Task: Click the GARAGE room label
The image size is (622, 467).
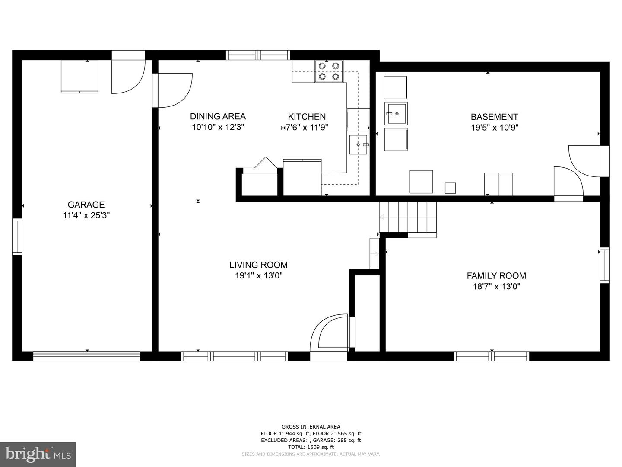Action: [x=86, y=205]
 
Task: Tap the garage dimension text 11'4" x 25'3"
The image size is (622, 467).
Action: [x=86, y=215]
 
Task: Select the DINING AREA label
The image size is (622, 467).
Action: [x=218, y=116]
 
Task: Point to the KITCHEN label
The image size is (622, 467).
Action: [x=307, y=117]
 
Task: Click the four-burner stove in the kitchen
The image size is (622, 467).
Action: [x=328, y=71]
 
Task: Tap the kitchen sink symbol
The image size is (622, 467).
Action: [x=358, y=144]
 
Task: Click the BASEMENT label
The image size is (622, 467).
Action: [x=495, y=117]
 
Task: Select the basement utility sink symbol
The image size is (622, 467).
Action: [x=396, y=113]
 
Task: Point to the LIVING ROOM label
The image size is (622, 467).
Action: [x=258, y=265]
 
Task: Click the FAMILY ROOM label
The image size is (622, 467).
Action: [x=496, y=275]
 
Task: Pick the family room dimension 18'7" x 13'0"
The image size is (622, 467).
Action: [x=496, y=287]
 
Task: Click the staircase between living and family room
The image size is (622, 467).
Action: [x=407, y=217]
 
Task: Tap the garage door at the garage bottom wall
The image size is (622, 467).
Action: [x=86, y=356]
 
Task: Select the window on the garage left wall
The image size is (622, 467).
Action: [x=17, y=237]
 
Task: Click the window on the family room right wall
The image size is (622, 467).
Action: [x=605, y=265]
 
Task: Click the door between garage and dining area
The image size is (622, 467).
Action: [x=172, y=90]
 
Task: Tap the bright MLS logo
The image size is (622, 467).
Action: [x=38, y=454]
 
